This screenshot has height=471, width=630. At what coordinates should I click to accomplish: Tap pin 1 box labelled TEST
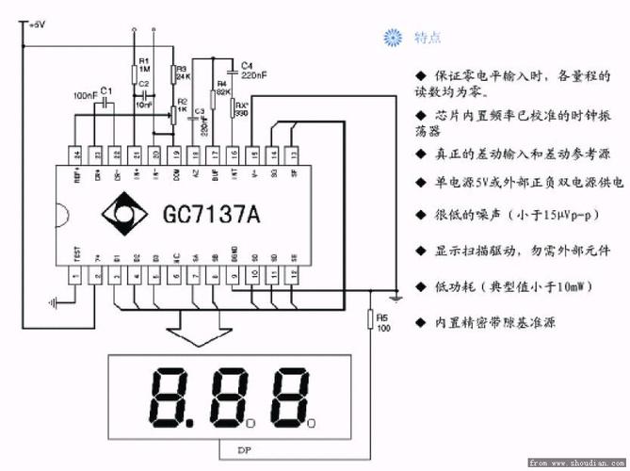[76, 274]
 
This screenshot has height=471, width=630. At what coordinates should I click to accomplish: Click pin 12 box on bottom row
[294, 274]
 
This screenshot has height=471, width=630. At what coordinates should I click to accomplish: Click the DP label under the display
[244, 448]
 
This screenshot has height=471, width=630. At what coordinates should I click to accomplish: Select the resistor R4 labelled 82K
[222, 89]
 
